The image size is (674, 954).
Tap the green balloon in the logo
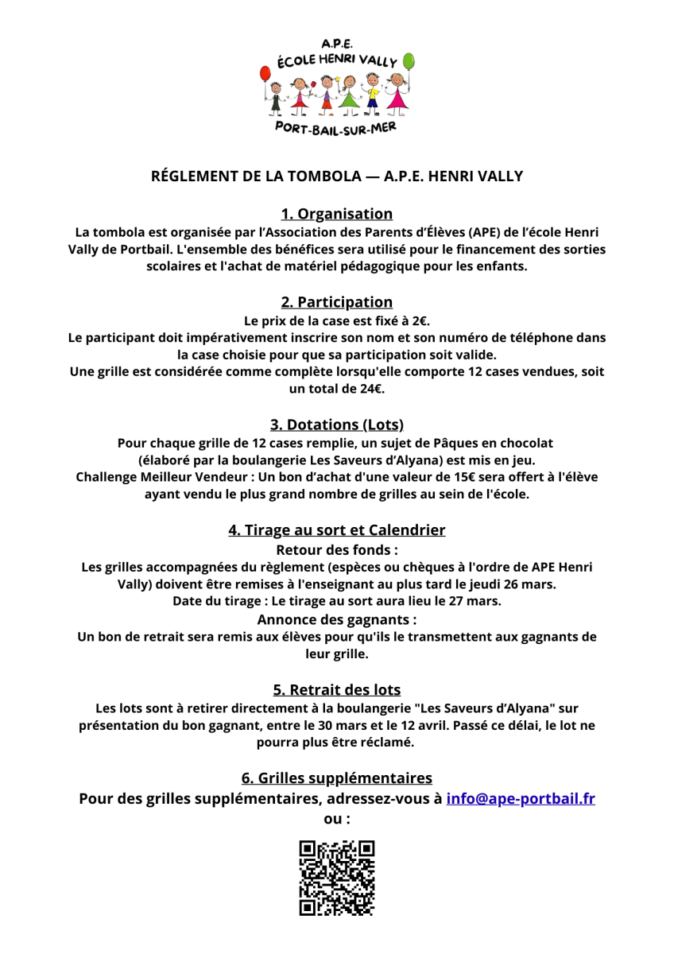(x=409, y=61)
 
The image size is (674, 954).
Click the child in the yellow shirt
(x=372, y=91)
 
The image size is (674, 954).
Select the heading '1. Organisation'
(x=337, y=213)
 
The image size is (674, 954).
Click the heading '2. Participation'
(x=337, y=301)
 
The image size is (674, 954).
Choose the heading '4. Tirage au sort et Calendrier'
(x=337, y=529)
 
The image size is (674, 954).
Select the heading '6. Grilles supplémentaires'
(x=337, y=777)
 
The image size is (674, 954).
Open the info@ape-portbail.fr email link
(x=521, y=798)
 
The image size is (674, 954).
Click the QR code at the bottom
(x=337, y=878)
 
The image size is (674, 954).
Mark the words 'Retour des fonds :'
(x=337, y=549)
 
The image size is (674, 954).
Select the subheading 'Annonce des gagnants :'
(x=337, y=619)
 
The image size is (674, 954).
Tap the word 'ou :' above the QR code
(x=337, y=819)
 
